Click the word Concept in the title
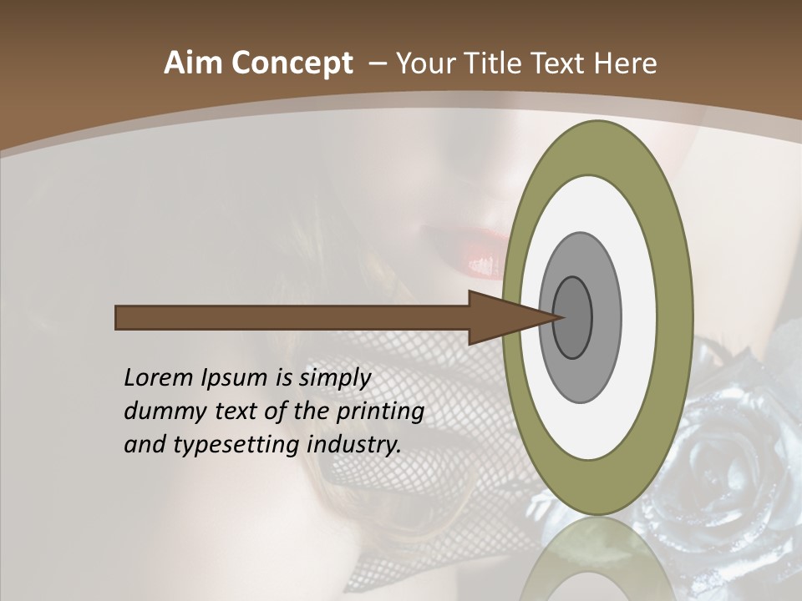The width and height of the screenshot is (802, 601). coord(292,63)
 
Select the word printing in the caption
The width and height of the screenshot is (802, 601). coord(380,412)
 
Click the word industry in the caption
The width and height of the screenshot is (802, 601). coord(354,445)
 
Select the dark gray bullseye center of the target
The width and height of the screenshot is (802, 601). coord(572,318)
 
